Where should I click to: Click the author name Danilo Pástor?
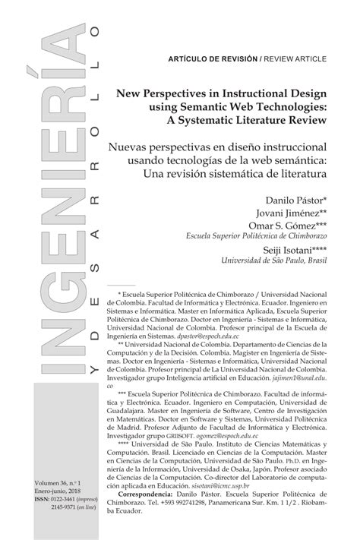pyautogui.click(x=294, y=198)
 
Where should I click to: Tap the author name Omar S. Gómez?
pyautogui.click(x=285, y=226)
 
